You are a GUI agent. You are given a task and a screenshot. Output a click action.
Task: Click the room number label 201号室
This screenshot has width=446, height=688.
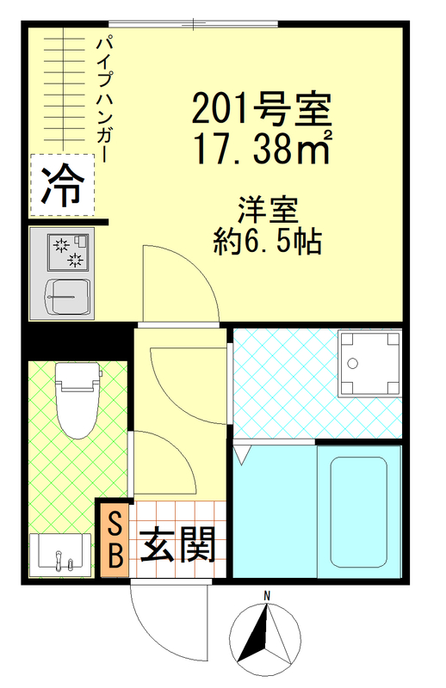[x=262, y=108]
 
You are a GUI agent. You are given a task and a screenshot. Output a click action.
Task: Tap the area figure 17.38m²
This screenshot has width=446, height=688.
[x=262, y=151]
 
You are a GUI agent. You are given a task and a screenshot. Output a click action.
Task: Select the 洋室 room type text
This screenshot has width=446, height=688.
[x=269, y=209]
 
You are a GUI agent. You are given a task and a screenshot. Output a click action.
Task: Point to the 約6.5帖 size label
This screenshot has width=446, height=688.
[x=269, y=242]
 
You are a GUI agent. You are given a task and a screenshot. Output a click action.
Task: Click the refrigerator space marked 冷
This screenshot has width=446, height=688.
[x=63, y=182]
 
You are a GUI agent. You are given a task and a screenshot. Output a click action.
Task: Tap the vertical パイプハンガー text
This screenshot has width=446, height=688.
[x=103, y=99]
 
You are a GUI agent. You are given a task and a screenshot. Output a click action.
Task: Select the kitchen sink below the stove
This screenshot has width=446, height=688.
[x=66, y=298]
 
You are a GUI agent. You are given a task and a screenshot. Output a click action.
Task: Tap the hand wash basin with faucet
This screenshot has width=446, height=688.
[x=59, y=552]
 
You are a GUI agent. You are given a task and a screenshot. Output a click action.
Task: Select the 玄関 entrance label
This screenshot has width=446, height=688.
[x=178, y=544]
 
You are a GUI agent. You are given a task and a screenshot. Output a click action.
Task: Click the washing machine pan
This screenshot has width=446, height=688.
[x=370, y=363]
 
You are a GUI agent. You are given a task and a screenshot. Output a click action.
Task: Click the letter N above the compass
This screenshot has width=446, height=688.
[x=268, y=596]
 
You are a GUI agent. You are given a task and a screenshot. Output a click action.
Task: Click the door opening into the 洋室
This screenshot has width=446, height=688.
[x=177, y=284]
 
